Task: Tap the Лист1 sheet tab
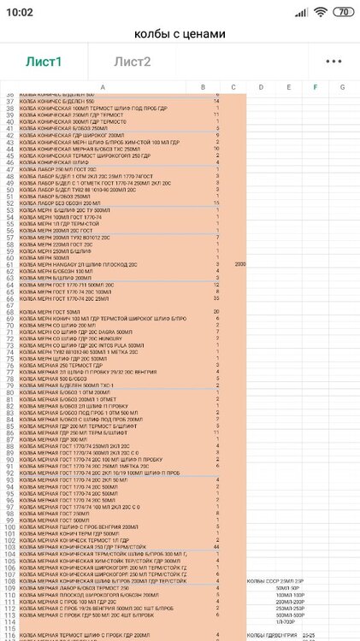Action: click(42, 62)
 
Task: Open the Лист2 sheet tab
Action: click(133, 62)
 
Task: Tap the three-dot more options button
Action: click(333, 62)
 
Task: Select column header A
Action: click(103, 87)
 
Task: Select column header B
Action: click(203, 87)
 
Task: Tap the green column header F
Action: click(316, 87)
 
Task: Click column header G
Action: click(343, 87)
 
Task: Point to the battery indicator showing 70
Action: click(342, 12)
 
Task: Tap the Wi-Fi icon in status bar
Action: click(320, 12)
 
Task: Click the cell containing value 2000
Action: click(240, 264)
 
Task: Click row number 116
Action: click(9, 634)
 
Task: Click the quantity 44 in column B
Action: click(216, 546)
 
